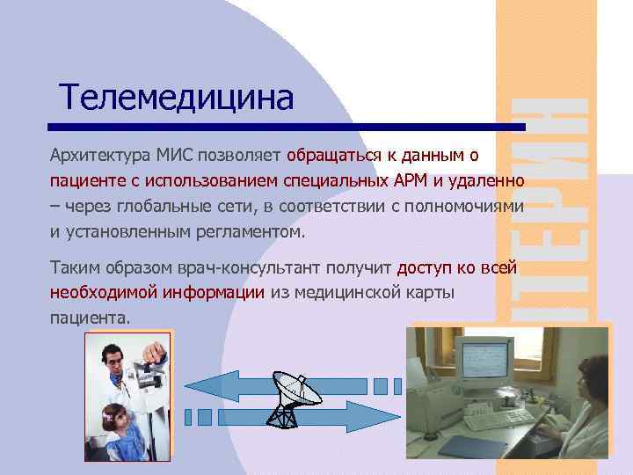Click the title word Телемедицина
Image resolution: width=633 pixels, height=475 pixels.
pyautogui.click(x=176, y=98)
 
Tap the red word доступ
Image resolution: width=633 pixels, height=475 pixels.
pyautogui.click(x=426, y=267)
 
